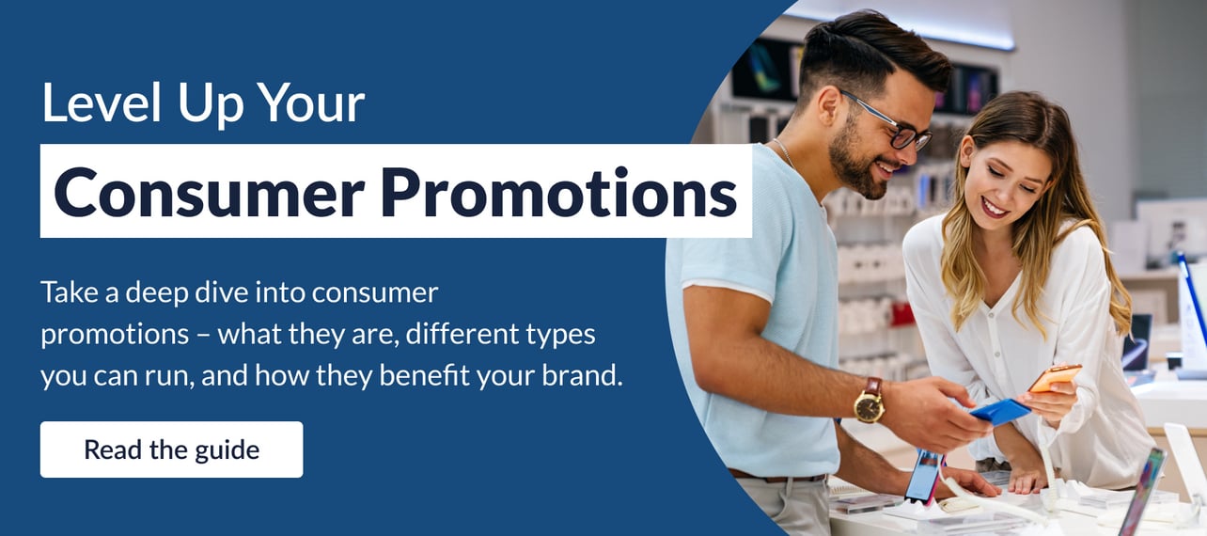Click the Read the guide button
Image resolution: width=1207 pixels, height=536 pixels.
click(x=171, y=449)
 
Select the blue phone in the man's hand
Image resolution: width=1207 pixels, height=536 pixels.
click(x=999, y=411)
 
